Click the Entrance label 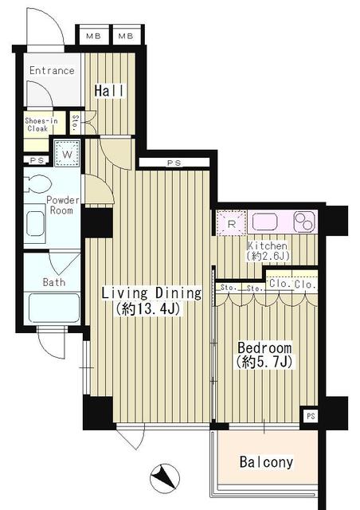pos(52,71)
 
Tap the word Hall pos(109,91)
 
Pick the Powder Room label pos(61,205)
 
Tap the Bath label pos(55,282)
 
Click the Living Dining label pos(151,293)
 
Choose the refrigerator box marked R pos(231,223)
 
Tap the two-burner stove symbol pos(303,221)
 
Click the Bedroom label pos(265,348)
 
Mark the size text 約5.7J pos(265,363)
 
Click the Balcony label pos(266,462)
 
